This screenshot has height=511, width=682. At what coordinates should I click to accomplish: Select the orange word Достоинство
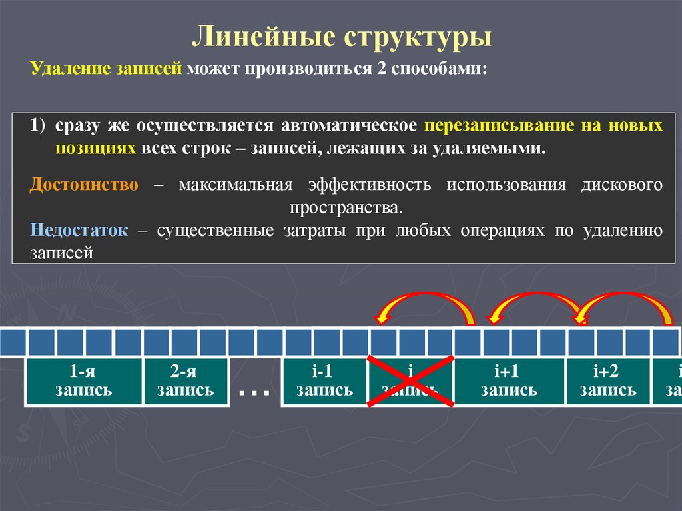tap(84, 185)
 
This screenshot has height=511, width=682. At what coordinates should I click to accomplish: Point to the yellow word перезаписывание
tap(494, 125)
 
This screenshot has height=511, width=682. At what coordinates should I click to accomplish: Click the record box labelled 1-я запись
tap(83, 382)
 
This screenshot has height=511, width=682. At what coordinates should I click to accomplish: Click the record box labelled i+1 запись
tap(509, 382)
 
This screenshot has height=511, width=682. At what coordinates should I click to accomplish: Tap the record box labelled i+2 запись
tap(607, 382)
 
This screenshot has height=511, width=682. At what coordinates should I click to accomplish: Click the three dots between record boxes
tap(254, 393)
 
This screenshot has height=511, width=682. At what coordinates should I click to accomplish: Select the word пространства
tap(346, 207)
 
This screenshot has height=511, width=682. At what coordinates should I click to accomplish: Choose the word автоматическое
tap(349, 125)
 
